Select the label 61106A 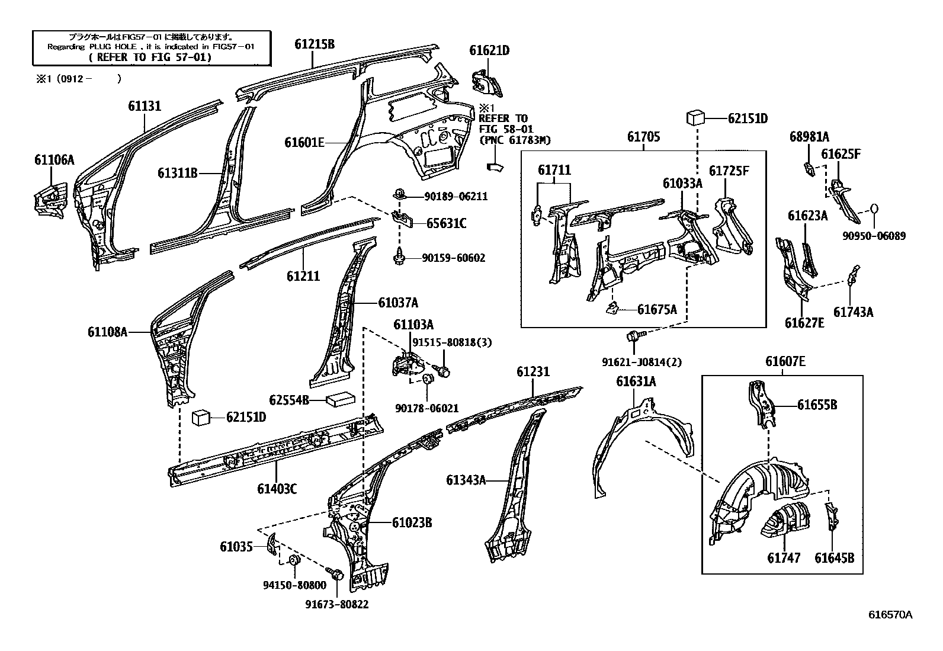[54, 159]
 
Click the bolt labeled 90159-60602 [400, 258]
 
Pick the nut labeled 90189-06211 [400, 193]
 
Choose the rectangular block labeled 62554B [340, 400]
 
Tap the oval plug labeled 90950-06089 [874, 209]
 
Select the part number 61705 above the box [643, 137]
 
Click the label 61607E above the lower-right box [785, 361]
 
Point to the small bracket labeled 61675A [612, 307]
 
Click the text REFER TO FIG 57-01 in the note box [152, 57]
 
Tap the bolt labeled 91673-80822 [336, 574]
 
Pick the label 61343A [466, 480]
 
